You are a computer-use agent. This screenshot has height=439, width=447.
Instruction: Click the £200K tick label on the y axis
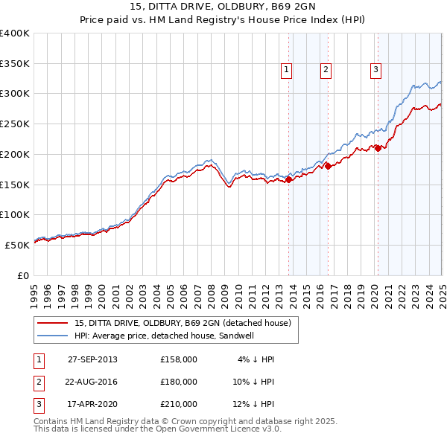tap(15, 154)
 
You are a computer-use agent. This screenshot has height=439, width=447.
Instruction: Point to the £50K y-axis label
tap(17, 245)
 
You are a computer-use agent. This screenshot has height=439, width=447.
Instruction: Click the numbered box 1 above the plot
tap(287, 71)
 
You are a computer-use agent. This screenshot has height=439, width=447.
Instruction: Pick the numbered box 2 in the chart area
tap(326, 71)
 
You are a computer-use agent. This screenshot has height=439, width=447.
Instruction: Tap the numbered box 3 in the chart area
tap(375, 71)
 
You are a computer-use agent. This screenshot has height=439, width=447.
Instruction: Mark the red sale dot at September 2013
tap(289, 179)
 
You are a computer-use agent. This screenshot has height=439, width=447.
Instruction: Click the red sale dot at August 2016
tap(329, 166)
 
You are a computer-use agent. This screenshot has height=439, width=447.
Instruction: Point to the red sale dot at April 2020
tap(378, 148)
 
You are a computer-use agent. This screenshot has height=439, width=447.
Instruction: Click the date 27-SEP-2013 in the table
tap(92, 359)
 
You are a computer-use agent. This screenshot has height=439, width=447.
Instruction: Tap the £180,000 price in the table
tap(179, 382)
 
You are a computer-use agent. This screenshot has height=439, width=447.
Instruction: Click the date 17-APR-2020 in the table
tap(92, 404)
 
